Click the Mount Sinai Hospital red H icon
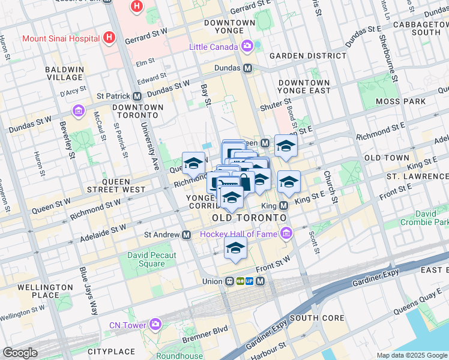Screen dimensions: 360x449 [109, 38]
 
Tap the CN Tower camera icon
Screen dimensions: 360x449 [155, 325]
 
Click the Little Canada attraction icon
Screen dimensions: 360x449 [247, 47]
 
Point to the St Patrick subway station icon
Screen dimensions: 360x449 [137, 96]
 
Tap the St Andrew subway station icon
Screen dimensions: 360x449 [187, 235]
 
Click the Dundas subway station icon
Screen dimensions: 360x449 [247, 68]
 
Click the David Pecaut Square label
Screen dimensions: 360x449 [146, 259]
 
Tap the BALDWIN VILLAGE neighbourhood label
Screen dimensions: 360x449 [64, 74]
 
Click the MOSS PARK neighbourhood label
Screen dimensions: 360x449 [400, 102]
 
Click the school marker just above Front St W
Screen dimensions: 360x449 [235, 248]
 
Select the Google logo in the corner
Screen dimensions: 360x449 [20, 353]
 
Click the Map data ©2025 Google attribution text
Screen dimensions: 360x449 [411, 355]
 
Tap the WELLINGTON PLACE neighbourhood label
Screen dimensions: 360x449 [38, 291]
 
